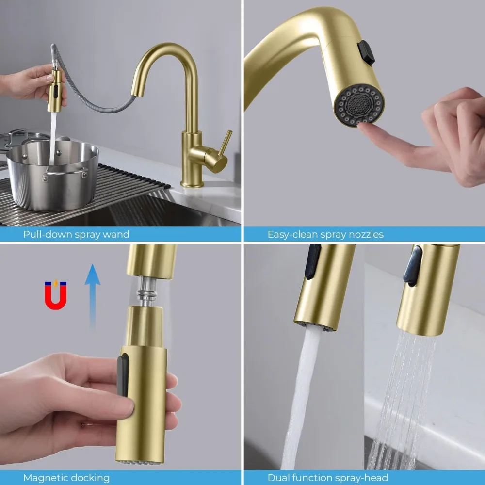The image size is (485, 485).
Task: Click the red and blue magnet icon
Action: (x=55, y=295)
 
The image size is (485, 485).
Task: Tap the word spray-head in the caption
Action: (x=363, y=478)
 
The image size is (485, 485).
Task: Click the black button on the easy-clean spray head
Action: (x=366, y=53)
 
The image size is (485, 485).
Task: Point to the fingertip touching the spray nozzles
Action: (x=365, y=127)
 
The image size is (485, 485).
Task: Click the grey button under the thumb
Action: (x=123, y=383)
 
